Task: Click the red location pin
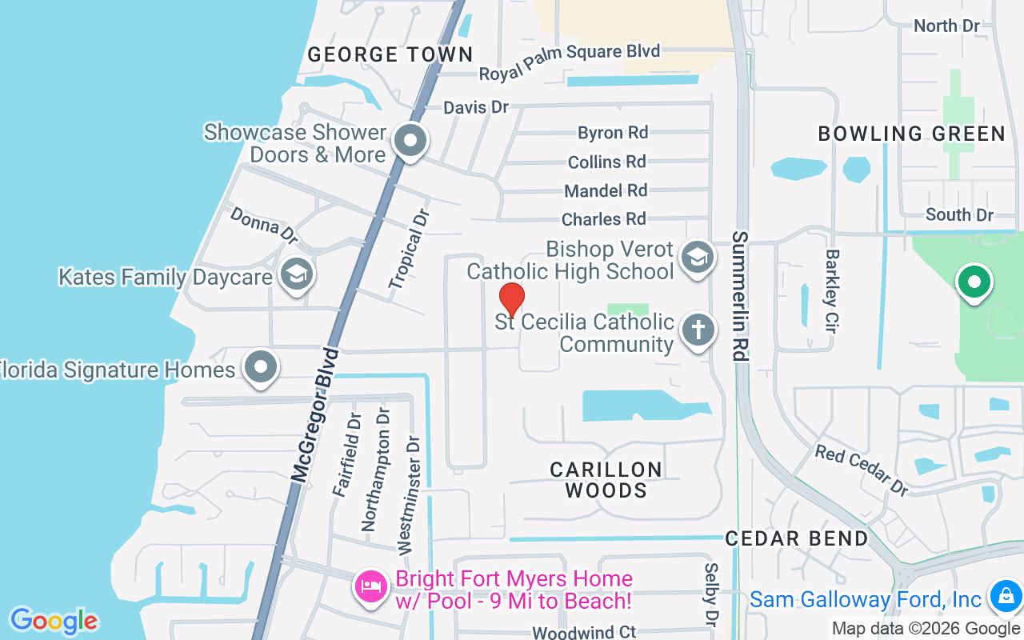click(x=511, y=300)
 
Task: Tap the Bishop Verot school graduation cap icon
click(x=697, y=258)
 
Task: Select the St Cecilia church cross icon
click(x=697, y=330)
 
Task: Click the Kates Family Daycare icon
click(x=297, y=274)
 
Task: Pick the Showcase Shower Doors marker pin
click(x=411, y=142)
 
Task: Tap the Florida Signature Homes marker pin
click(x=261, y=368)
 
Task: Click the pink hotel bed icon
click(x=371, y=588)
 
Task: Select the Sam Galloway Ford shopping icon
click(x=1003, y=595)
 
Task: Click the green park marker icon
click(x=974, y=282)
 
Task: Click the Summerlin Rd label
click(x=740, y=296)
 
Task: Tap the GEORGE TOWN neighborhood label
click(x=390, y=54)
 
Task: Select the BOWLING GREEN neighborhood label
click(x=911, y=134)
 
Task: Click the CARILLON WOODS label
click(x=606, y=480)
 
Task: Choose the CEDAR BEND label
click(x=797, y=538)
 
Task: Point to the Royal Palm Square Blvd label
click(x=570, y=62)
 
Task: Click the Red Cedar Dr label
click(x=862, y=470)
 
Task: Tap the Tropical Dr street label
click(x=410, y=249)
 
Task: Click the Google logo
click(x=54, y=621)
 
